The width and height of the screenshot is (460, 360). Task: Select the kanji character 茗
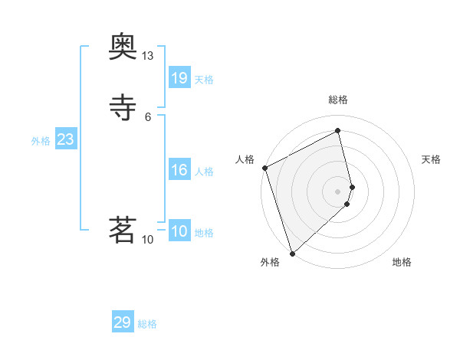click(x=123, y=229)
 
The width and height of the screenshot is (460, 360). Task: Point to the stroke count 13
click(x=147, y=56)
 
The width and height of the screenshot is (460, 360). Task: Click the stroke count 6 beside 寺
click(x=147, y=116)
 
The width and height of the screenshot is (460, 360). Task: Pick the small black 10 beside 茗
click(x=148, y=240)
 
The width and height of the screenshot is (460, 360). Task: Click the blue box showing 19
click(x=179, y=77)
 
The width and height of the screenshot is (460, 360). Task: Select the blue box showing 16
click(x=179, y=170)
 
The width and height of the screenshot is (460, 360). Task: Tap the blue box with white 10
click(x=179, y=231)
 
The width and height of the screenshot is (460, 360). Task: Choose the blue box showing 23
click(x=66, y=139)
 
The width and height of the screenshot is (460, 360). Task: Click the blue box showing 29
click(x=123, y=322)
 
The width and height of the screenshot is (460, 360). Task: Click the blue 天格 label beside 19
click(x=204, y=79)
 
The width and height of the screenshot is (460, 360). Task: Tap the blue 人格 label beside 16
click(x=204, y=172)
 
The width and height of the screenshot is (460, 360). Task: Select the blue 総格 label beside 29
click(x=147, y=324)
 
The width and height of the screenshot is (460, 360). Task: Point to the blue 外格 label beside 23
click(x=41, y=141)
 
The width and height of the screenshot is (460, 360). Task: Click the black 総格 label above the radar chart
click(x=337, y=100)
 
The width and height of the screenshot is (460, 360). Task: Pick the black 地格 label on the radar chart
click(x=402, y=262)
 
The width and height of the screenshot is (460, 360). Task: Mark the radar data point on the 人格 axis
click(x=264, y=168)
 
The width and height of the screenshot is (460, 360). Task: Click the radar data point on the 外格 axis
click(x=292, y=253)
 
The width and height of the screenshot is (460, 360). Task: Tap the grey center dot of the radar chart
click(x=337, y=191)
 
